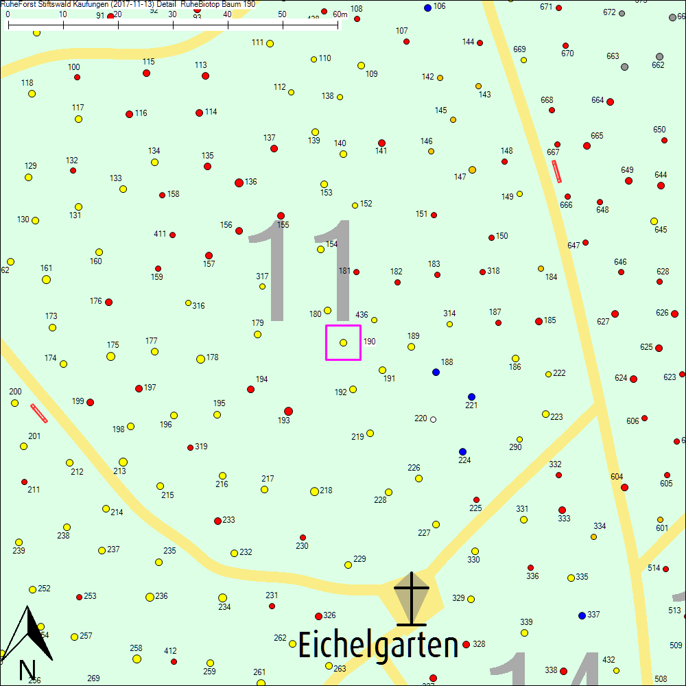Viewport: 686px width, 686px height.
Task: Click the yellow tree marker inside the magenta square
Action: tap(343, 342)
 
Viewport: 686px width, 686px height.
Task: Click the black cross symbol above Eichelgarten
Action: tap(411, 598)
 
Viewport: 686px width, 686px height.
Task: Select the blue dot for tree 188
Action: tap(436, 372)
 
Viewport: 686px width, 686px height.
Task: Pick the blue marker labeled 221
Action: tap(471, 397)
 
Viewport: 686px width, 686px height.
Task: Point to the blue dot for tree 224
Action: tap(462, 451)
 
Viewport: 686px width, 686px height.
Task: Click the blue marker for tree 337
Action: tap(582, 615)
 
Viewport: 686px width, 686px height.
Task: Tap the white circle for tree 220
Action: tap(433, 419)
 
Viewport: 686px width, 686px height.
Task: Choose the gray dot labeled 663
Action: tap(625, 67)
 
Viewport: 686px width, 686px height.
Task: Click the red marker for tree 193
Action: tap(288, 411)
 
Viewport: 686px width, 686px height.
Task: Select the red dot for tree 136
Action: tap(239, 182)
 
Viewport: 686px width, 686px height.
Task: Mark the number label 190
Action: tap(370, 342)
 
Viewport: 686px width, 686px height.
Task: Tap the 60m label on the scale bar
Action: tap(340, 14)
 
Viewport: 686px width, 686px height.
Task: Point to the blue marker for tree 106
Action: tap(427, 8)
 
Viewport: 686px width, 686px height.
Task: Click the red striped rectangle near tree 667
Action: tap(557, 171)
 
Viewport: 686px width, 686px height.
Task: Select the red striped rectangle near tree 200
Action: tap(39, 413)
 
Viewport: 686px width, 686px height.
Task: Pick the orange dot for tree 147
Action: tap(472, 169)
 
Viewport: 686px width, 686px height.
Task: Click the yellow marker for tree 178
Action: tap(200, 359)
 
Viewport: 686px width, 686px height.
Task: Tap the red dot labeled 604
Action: tap(624, 487)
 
